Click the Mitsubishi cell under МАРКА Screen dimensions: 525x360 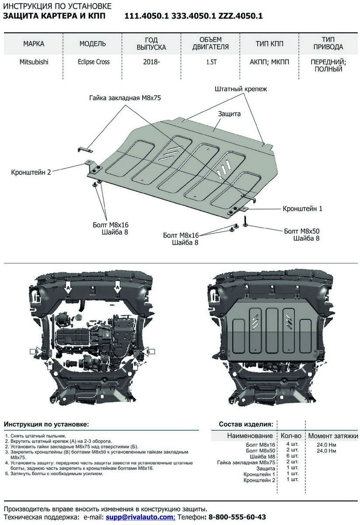pyautogui.click(x=34, y=62)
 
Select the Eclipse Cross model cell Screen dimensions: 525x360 pyautogui.click(x=91, y=62)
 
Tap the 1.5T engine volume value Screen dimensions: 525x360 pyautogui.click(x=212, y=62)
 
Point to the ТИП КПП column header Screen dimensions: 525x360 pyautogui.click(x=269, y=44)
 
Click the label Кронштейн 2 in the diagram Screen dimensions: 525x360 pyautogui.click(x=31, y=172)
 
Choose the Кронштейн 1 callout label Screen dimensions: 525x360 pyautogui.click(x=302, y=209)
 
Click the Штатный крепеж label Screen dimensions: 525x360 pyautogui.click(x=241, y=89)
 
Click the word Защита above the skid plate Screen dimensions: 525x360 pyautogui.click(x=229, y=114)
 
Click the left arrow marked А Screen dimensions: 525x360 pyautogui.click(x=68, y=287)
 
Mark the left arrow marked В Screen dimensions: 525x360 pyautogui.click(x=50, y=363)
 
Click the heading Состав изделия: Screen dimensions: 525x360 pyautogui.click(x=246, y=424)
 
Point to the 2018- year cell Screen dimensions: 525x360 pyautogui.click(x=151, y=62)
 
